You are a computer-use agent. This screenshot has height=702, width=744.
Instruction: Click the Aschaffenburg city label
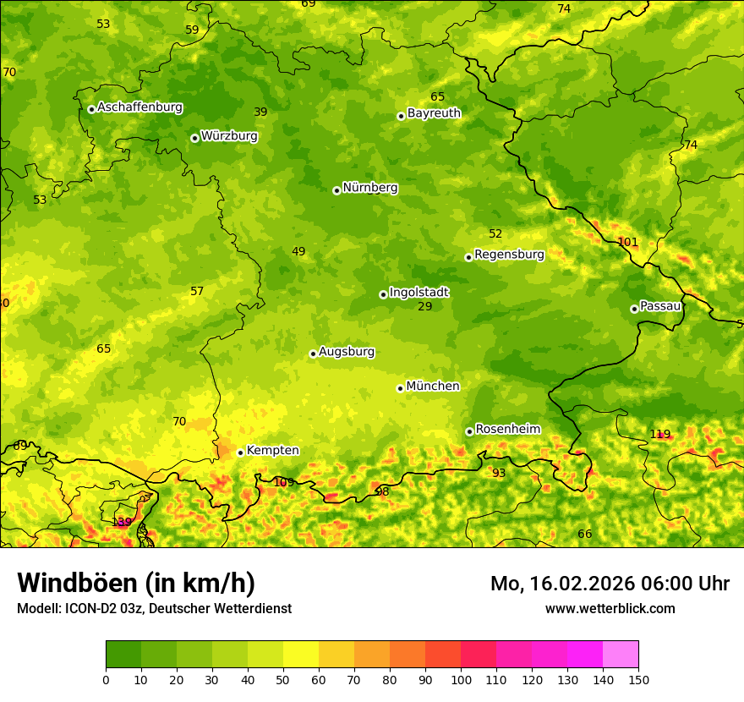click(x=139, y=107)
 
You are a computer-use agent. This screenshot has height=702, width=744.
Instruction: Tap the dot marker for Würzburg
click(x=194, y=138)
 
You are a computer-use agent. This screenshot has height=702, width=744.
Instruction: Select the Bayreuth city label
click(x=434, y=113)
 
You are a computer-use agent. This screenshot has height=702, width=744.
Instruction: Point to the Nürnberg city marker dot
click(x=336, y=190)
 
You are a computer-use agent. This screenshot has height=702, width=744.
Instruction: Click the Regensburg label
click(x=509, y=255)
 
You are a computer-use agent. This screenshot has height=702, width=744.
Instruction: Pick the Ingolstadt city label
click(x=418, y=293)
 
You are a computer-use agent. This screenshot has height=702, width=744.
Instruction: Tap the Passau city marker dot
click(x=634, y=309)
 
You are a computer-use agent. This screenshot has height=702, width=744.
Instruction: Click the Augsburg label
click(x=347, y=352)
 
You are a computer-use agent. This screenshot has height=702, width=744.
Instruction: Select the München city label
click(x=433, y=387)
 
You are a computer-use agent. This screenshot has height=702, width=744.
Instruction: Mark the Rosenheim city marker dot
click(x=469, y=431)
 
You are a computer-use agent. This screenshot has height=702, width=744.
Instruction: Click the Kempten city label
click(x=272, y=451)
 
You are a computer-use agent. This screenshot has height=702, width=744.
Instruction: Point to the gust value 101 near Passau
click(x=628, y=242)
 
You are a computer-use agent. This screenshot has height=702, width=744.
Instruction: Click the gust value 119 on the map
click(x=659, y=434)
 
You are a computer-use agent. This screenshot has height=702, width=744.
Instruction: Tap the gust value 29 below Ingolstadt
click(x=424, y=306)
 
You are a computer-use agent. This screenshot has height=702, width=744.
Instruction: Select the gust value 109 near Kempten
click(x=284, y=482)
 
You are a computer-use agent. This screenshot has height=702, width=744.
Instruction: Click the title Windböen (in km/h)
click(x=136, y=583)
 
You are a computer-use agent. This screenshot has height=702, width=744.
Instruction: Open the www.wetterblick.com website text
click(x=610, y=608)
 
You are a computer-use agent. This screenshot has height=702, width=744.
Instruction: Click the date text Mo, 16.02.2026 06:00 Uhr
click(x=610, y=584)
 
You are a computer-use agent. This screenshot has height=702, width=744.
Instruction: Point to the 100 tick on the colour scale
click(x=461, y=679)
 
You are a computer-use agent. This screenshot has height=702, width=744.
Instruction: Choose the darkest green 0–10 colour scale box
click(x=123, y=654)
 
